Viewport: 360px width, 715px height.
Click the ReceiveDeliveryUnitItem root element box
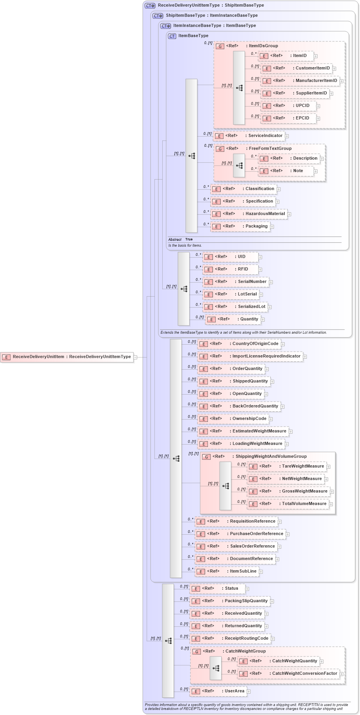(x=67, y=357)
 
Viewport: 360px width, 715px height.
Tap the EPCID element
(x=288, y=118)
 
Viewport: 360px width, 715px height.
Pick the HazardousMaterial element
(x=249, y=214)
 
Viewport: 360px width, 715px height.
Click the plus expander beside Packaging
(x=272, y=227)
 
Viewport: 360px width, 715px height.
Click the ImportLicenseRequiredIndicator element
(x=250, y=356)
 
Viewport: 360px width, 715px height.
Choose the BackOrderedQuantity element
(x=239, y=406)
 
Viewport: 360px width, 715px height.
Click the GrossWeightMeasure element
(x=288, y=491)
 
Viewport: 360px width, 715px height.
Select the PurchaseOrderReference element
(x=240, y=534)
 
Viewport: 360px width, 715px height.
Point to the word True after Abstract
(x=189, y=239)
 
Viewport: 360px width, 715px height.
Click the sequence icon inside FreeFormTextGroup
(x=239, y=165)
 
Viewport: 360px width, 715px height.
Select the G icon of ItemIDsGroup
(x=220, y=46)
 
